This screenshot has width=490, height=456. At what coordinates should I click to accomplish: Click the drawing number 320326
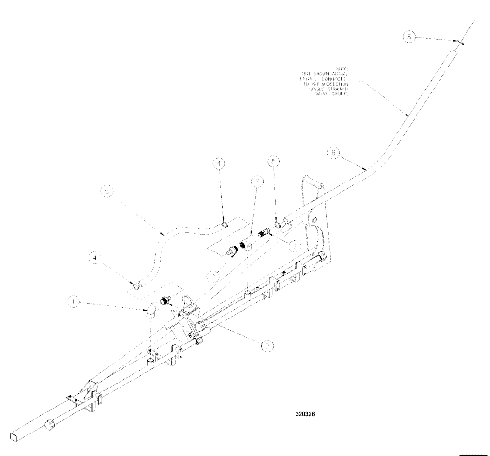click(x=305, y=413)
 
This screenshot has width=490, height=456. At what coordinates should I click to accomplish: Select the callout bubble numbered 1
click(x=73, y=303)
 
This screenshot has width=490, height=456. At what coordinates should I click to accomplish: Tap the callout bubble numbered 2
click(x=267, y=346)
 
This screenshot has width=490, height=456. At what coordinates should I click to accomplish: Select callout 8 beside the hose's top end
click(x=410, y=36)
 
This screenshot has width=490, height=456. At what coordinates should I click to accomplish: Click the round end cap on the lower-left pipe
click(x=49, y=424)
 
